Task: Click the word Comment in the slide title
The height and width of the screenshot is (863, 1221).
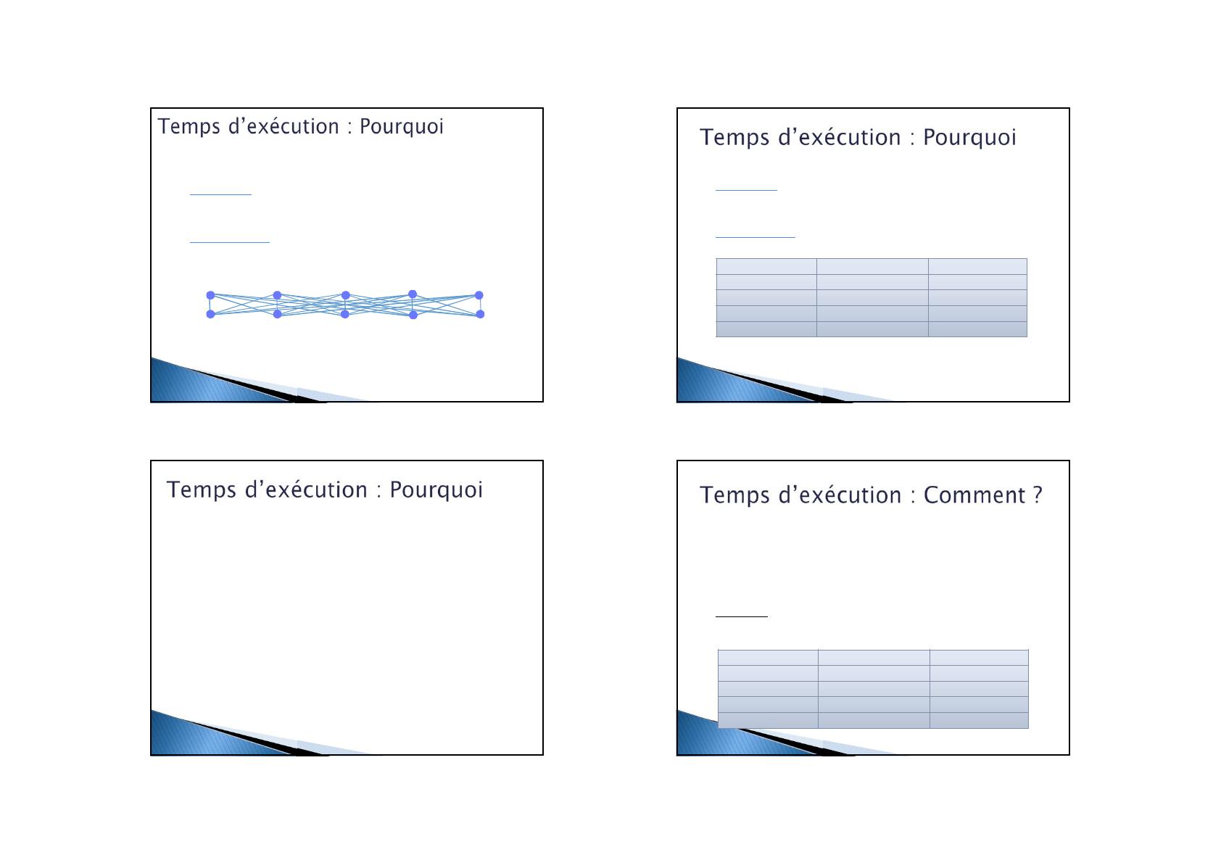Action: pyautogui.click(x=974, y=495)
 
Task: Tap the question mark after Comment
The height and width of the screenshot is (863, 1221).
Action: pyautogui.click(x=1038, y=495)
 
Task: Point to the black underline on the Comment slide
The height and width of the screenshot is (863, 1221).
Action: pyautogui.click(x=741, y=616)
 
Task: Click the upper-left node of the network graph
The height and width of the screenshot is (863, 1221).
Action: pyautogui.click(x=210, y=295)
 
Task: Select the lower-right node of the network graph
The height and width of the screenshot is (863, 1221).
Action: pyautogui.click(x=480, y=314)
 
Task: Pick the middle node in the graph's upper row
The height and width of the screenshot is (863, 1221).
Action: pyautogui.click(x=345, y=295)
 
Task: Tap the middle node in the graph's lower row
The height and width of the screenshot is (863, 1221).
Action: pyautogui.click(x=344, y=314)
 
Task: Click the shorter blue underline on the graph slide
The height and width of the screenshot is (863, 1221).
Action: pyautogui.click(x=220, y=194)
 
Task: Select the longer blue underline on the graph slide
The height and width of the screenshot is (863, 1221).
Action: pyautogui.click(x=230, y=241)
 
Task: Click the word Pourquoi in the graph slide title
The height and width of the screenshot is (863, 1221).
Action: pyautogui.click(x=401, y=126)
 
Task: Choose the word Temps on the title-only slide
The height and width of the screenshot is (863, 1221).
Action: pyautogui.click(x=201, y=490)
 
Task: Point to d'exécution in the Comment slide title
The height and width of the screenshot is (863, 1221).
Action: pyautogui.click(x=840, y=495)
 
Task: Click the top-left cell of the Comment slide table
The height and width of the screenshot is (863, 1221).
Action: pyautogui.click(x=768, y=657)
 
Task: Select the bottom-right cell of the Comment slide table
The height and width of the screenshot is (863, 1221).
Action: pyautogui.click(x=979, y=720)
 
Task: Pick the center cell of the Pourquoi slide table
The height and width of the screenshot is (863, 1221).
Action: pyautogui.click(x=872, y=297)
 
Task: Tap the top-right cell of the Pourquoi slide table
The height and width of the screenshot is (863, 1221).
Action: pyautogui.click(x=977, y=266)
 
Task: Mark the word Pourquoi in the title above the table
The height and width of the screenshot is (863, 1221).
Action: pyautogui.click(x=969, y=137)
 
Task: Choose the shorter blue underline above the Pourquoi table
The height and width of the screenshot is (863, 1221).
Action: pyautogui.click(x=745, y=190)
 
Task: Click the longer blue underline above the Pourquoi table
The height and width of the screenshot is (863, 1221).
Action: pyautogui.click(x=755, y=237)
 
